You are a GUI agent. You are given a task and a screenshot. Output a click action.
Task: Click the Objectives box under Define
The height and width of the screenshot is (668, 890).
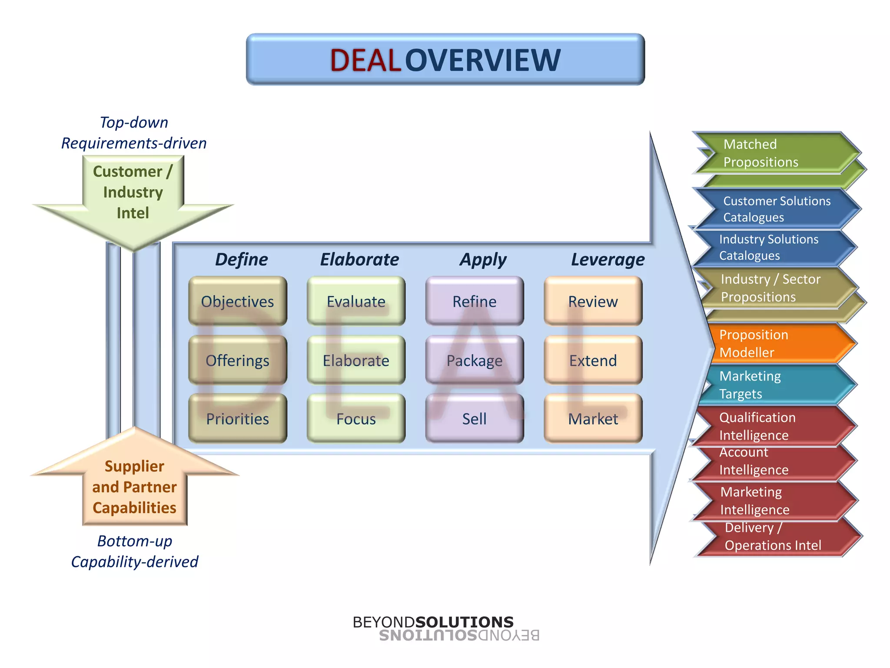[237, 301]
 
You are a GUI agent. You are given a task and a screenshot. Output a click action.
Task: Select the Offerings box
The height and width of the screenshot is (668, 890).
[237, 360]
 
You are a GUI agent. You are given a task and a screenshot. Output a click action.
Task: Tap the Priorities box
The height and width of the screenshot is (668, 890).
[237, 418]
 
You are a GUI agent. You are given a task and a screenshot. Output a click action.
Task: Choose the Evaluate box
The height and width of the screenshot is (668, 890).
[356, 301]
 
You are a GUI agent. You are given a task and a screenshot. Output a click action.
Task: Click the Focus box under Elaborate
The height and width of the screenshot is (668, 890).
[356, 418]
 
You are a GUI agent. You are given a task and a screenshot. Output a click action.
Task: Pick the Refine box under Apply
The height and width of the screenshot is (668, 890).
[474, 301]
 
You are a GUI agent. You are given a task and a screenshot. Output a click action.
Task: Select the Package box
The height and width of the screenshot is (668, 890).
[474, 360]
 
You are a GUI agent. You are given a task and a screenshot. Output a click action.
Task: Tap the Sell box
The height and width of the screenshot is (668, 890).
[474, 418]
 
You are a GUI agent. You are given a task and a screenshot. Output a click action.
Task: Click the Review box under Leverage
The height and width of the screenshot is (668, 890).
[593, 301]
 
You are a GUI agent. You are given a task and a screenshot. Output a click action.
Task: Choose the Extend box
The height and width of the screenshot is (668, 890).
[593, 360]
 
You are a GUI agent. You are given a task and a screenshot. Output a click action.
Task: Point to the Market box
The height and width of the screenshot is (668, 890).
[593, 418]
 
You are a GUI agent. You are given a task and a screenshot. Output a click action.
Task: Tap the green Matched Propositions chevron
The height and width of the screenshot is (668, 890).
[774, 153]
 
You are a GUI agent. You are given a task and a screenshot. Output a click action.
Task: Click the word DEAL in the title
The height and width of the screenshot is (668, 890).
[365, 60]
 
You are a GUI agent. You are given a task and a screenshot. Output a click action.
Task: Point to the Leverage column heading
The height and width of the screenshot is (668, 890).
[608, 259]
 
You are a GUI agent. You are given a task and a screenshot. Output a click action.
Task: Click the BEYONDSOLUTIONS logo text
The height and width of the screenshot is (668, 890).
[433, 622]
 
